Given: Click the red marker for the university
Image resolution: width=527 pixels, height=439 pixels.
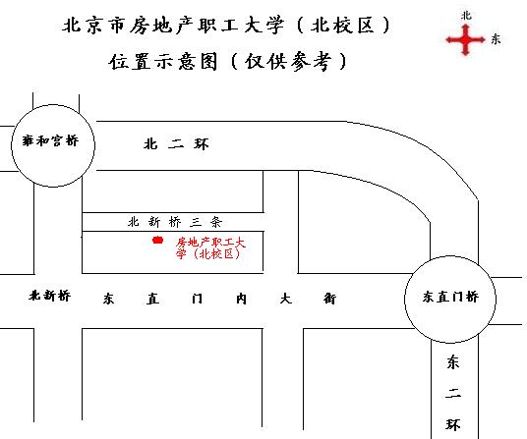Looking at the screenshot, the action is (x=157, y=240).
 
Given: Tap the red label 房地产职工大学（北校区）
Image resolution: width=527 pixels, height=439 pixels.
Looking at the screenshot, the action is (x=210, y=248).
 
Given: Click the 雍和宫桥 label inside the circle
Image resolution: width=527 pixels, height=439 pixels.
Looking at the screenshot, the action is (x=50, y=140).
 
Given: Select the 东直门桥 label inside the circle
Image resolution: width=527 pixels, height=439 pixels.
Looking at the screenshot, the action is (x=450, y=297).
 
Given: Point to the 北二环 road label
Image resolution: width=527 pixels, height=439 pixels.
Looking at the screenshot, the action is (x=176, y=144).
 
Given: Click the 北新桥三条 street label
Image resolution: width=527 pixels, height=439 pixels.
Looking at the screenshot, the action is (x=175, y=222).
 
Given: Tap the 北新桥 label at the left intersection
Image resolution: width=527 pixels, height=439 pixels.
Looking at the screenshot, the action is (x=50, y=296).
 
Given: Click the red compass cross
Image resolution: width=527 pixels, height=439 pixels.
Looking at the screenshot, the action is (x=465, y=40).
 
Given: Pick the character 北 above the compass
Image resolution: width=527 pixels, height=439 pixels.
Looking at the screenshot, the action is (x=466, y=16).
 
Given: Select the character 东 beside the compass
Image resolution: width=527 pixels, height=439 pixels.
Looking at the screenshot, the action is (x=496, y=39).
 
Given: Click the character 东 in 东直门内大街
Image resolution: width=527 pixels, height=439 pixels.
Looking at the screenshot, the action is (x=108, y=299).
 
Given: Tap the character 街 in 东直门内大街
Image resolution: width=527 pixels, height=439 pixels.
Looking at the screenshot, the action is (x=329, y=299).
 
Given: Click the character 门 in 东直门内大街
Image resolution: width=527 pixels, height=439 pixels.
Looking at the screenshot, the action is (x=197, y=299).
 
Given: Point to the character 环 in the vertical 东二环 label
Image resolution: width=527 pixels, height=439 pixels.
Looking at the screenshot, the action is (x=453, y=425).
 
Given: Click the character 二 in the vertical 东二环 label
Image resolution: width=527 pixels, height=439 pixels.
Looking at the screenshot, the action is (x=453, y=394).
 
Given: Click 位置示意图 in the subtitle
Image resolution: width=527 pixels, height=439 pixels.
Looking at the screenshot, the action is (x=163, y=62).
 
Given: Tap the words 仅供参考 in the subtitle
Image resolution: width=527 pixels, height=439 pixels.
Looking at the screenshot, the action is (x=288, y=62).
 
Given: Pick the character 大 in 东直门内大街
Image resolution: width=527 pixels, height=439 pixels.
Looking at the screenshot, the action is (x=285, y=299).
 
